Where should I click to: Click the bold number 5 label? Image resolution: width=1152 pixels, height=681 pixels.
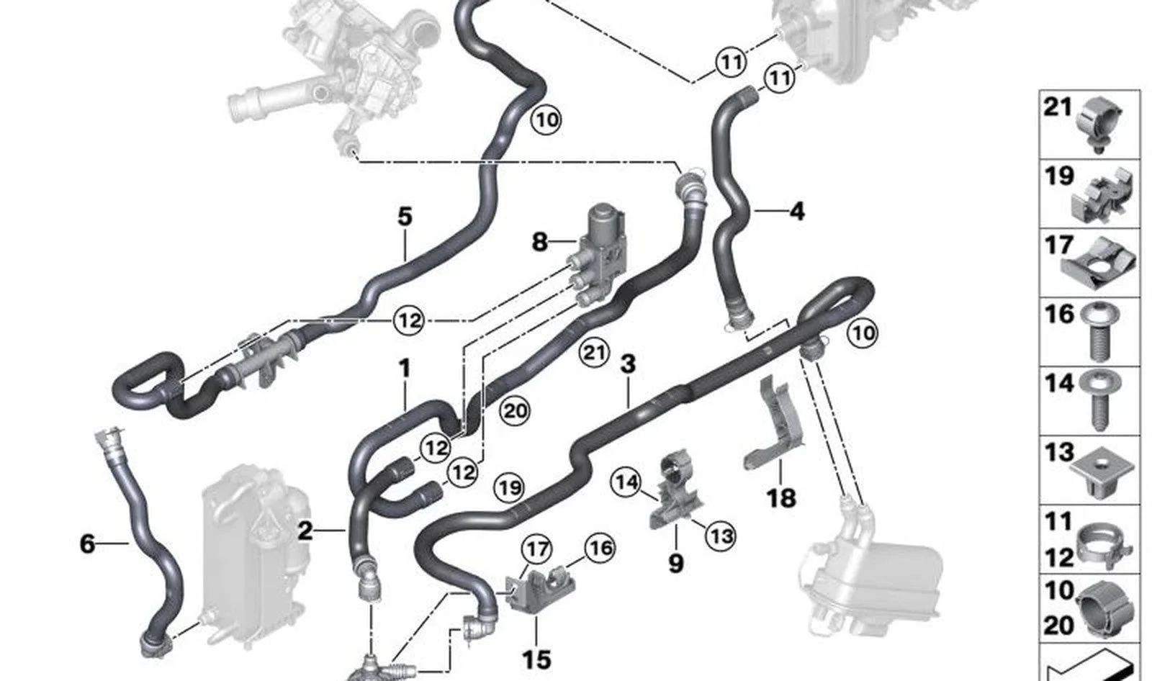405,217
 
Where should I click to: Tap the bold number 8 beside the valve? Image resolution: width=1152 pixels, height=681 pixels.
539,241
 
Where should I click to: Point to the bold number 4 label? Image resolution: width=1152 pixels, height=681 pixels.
796,211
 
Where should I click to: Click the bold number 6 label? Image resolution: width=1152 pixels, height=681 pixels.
87,544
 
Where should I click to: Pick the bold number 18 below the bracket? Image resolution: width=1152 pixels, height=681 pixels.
781,498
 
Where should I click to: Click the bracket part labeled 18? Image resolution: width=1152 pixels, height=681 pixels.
775,423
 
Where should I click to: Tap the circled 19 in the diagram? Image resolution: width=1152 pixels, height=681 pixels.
509,487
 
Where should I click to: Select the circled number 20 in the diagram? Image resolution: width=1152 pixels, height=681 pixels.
516,411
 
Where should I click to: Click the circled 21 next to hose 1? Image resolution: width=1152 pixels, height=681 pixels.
594,353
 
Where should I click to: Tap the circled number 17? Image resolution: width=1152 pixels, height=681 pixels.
537,549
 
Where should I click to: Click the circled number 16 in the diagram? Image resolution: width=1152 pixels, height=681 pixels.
600,549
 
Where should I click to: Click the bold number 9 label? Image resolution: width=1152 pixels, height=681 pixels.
676,563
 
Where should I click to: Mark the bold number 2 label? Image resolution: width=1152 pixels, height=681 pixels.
305,531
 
